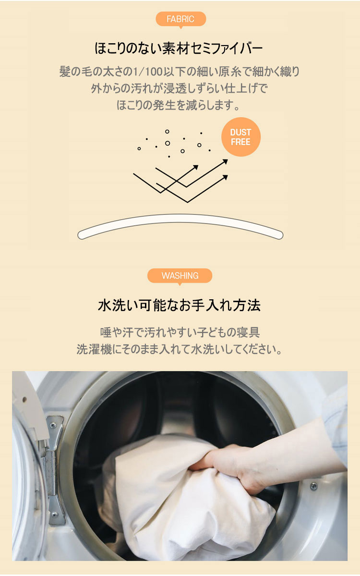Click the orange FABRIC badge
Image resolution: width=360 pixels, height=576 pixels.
coord(180,19)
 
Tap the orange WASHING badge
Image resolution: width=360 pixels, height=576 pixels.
coord(180,276)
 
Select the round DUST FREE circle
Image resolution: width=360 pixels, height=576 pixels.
coord(241,137)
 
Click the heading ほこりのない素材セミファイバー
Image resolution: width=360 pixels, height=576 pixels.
coord(179,49)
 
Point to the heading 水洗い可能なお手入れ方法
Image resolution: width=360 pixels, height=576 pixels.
coord(180,305)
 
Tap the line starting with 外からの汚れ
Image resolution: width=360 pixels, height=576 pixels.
coord(180,88)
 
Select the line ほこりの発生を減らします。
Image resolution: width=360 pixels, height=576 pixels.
coord(179,105)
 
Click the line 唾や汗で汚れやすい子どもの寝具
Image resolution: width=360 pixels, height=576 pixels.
coord(180,332)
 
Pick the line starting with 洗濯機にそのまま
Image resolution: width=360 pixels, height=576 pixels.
coord(180,349)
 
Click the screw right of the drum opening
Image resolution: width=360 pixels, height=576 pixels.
coord(314,486)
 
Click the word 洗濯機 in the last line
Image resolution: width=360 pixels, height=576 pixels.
coord(94,349)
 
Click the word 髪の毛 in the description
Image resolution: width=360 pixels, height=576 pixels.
coord(75,71)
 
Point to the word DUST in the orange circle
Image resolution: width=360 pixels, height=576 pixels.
coord(241,132)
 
